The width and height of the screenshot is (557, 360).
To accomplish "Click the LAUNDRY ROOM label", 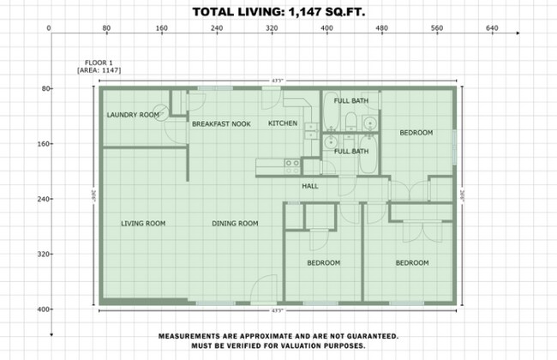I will pos(133,115).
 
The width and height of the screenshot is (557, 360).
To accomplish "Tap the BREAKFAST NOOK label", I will pos(221,124).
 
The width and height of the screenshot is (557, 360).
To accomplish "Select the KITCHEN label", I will pos(283,123).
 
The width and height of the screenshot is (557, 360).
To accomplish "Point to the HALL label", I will pos(310,186).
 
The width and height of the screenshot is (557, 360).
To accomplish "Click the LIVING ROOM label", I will pos(143,224).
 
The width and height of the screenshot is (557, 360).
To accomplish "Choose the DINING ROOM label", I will pos(235,224).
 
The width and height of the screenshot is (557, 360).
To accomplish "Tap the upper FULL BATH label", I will pos(351,101).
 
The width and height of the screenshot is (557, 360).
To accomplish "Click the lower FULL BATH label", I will pos(351,152).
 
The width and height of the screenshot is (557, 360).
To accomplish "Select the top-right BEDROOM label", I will pos(416,133).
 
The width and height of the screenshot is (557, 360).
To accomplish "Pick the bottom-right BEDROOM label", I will pos(411,263).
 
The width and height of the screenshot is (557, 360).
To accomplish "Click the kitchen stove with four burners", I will pos(292,163).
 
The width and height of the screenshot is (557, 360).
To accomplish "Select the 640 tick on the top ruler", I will pos(492,28).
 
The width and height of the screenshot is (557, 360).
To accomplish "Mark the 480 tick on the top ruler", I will pos(381,28).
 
